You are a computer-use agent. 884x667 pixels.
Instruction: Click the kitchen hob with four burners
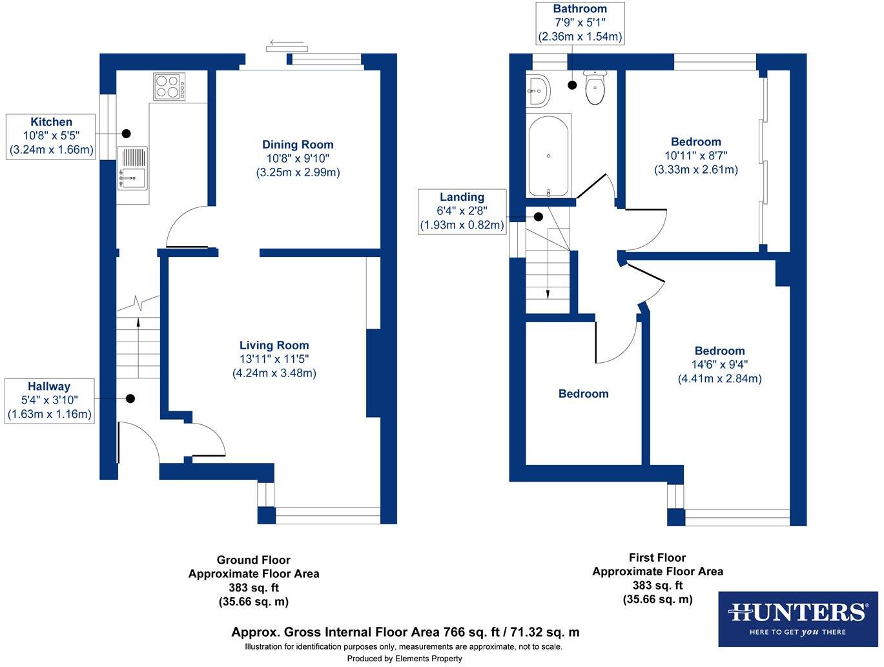pyautogui.click(x=169, y=87)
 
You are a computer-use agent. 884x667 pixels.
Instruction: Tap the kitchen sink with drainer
pyautogui.click(x=132, y=168)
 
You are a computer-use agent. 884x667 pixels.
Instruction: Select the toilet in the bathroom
pyautogui.click(x=595, y=88)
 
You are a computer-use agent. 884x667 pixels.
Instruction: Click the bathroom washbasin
pyautogui.click(x=537, y=90)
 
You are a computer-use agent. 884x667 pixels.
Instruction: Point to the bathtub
pyautogui.click(x=548, y=156)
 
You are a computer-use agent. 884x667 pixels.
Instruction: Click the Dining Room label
pyautogui.click(x=298, y=145)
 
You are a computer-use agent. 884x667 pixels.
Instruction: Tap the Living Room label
pyautogui.click(x=274, y=345)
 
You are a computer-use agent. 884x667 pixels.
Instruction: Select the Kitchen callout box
pyautogui.click(x=51, y=136)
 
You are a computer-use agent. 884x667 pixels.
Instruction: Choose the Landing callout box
pyautogui.click(x=462, y=211)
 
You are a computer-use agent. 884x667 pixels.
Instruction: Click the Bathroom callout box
pyautogui.click(x=579, y=23)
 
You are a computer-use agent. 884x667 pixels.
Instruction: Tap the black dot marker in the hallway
pyautogui.click(x=130, y=399)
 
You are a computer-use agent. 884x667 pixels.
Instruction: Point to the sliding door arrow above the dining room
pyautogui.click(x=287, y=44)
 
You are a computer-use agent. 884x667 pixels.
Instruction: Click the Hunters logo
pyautogui.click(x=798, y=619)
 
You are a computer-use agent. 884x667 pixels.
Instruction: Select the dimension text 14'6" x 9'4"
pyautogui.click(x=719, y=365)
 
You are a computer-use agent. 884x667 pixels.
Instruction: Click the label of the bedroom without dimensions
pyautogui.click(x=583, y=394)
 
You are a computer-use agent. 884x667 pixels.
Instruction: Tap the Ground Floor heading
pyautogui.click(x=253, y=560)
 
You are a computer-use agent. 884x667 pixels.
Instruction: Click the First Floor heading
pyautogui.click(x=657, y=557)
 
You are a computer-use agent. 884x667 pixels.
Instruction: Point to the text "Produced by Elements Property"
pyautogui.click(x=404, y=659)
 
